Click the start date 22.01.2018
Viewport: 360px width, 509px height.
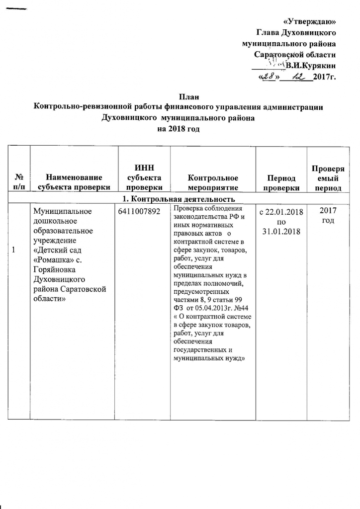tap(285, 212)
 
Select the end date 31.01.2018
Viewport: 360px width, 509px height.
tap(281, 231)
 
